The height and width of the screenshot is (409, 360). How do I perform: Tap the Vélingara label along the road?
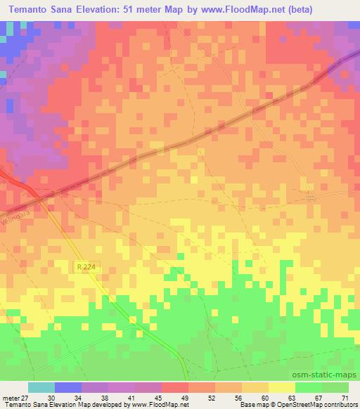coord(15,211)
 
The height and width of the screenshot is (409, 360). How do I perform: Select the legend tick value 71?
coord(344,397)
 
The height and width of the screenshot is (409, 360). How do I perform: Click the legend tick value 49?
coord(184,397)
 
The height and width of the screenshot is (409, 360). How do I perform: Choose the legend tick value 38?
coord(105,397)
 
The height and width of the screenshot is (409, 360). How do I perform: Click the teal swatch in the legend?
coord(41,387)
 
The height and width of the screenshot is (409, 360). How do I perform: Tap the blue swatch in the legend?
coord(68,387)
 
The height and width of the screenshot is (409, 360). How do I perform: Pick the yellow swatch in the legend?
coord(281,387)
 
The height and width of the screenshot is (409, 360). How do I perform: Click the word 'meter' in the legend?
coord(11,397)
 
